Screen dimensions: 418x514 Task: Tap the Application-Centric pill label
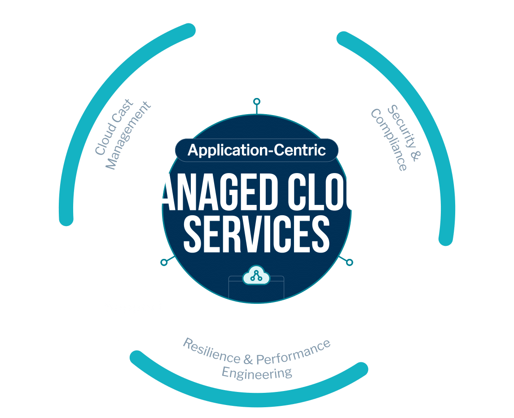(x=257, y=150)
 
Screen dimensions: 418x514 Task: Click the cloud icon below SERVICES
(x=256, y=276)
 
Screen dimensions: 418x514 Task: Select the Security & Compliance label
(x=395, y=138)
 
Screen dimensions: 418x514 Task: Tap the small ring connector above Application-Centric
(x=257, y=101)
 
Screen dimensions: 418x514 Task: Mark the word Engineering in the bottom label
(x=257, y=373)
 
